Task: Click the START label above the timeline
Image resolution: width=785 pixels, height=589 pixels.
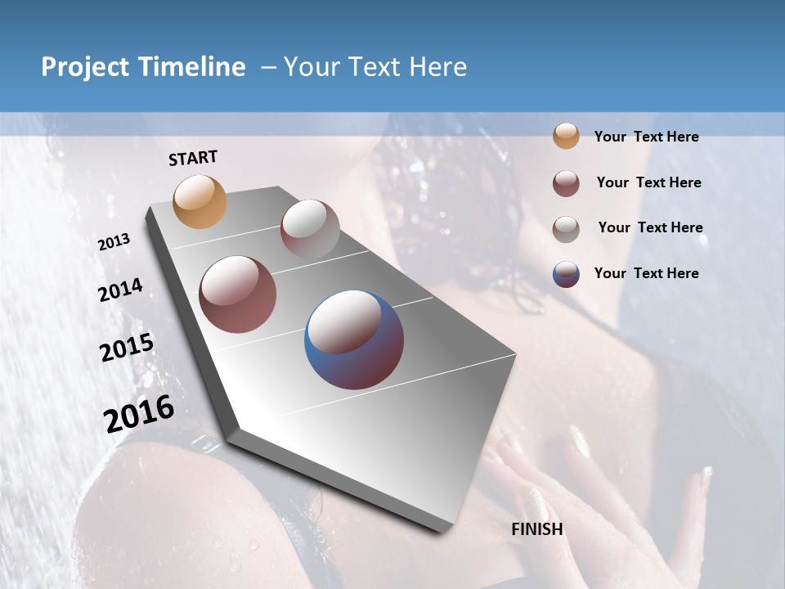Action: coord(193,158)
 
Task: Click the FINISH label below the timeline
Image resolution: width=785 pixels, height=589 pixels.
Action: coord(537,529)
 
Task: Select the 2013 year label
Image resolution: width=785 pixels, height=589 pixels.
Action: coord(114,242)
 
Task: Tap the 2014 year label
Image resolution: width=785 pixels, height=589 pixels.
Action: coord(120,290)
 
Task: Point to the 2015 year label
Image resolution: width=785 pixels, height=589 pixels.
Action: coord(127,348)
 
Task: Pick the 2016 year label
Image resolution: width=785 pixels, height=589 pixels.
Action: coord(139,413)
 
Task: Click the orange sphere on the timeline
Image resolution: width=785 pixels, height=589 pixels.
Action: coord(200,201)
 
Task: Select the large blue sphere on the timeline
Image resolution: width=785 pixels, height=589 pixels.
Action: coord(354,339)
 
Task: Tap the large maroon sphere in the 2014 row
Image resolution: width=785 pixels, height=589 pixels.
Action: coord(237,294)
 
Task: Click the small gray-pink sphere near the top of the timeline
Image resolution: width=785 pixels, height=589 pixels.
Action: coord(310,228)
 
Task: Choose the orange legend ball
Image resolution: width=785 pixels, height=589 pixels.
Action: coord(566,136)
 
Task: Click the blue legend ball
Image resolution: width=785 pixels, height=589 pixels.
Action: coord(566,274)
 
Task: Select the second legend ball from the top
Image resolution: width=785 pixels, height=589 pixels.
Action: coord(566,183)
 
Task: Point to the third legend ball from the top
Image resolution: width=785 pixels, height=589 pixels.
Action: coord(566,228)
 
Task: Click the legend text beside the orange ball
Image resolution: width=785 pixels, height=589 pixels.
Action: coord(646,137)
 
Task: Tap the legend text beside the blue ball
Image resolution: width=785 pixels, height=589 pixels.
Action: coord(646,273)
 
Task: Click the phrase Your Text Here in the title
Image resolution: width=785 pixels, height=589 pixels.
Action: coord(375,67)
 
